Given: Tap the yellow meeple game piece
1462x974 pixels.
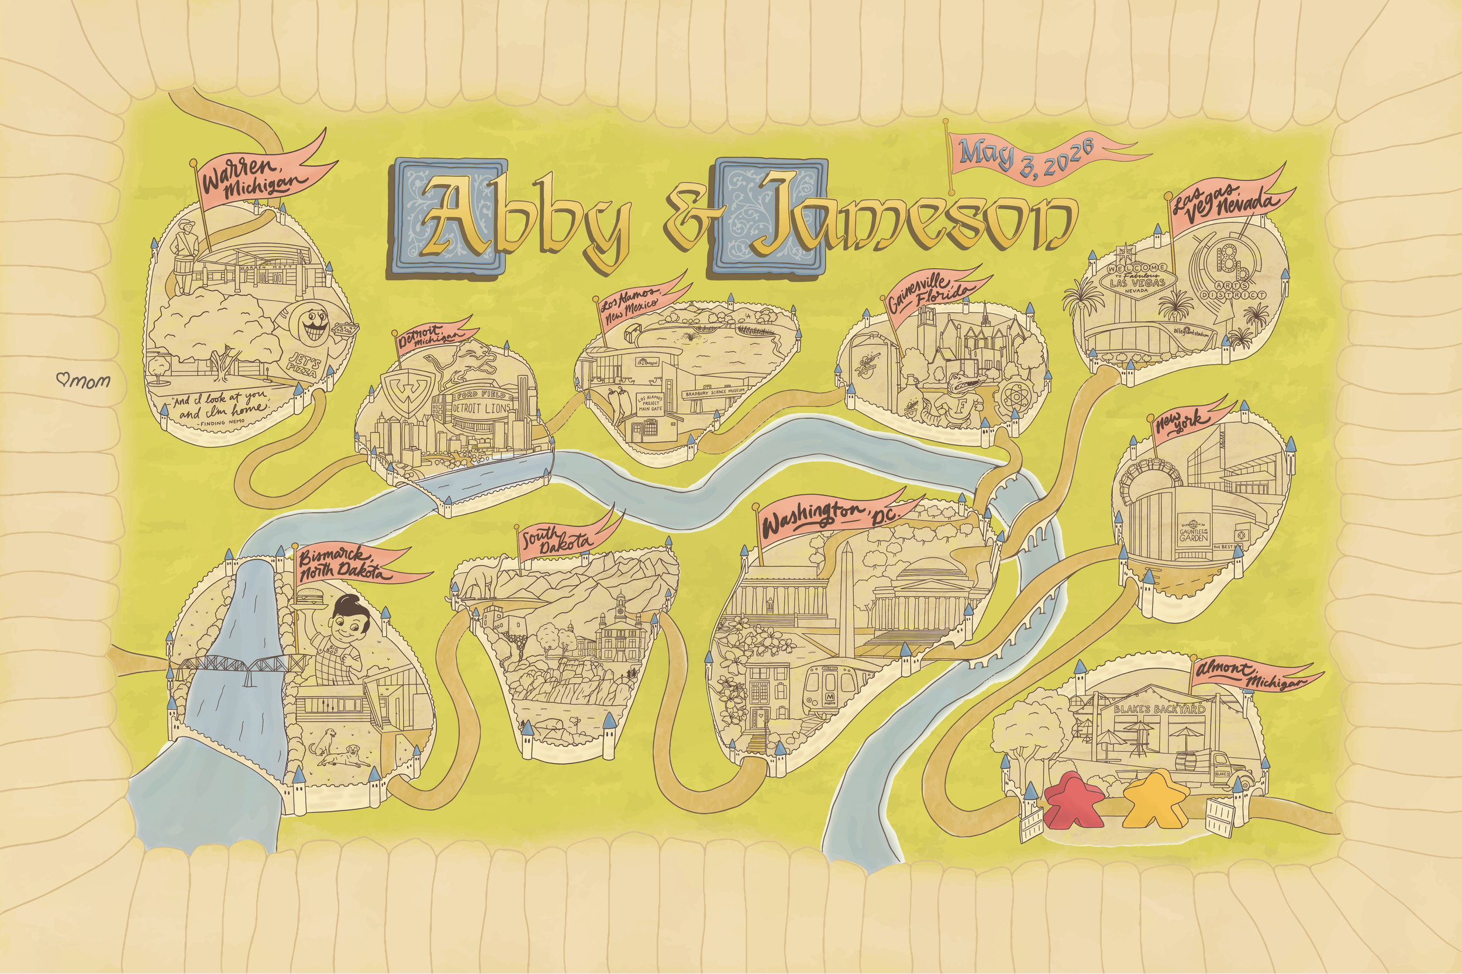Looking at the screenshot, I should tap(1155, 799).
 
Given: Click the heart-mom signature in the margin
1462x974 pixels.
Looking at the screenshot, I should tap(84, 380).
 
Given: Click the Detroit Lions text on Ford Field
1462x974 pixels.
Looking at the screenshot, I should tap(481, 408).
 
